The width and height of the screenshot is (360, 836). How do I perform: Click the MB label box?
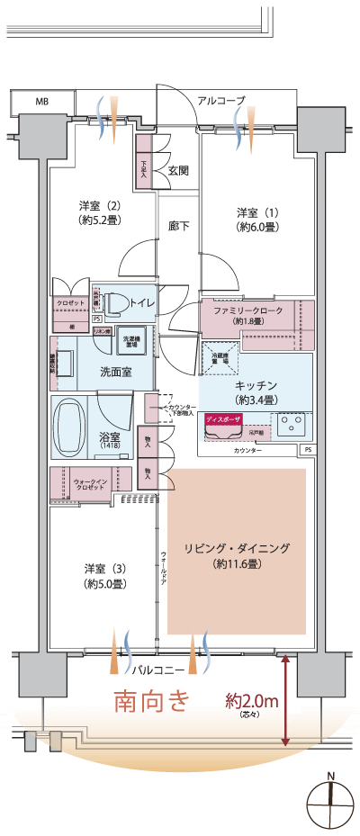(41, 102)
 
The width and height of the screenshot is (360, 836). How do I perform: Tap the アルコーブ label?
(221, 101)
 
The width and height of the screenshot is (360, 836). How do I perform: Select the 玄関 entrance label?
(177, 170)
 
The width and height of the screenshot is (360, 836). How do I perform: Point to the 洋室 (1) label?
(257, 220)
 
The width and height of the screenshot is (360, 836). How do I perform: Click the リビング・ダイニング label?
(238, 555)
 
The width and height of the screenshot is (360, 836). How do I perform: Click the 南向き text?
(151, 700)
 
